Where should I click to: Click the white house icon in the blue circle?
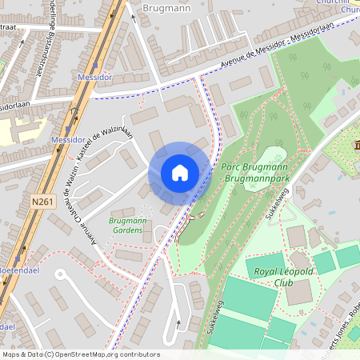(180, 173)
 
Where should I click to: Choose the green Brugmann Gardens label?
(126, 225)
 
